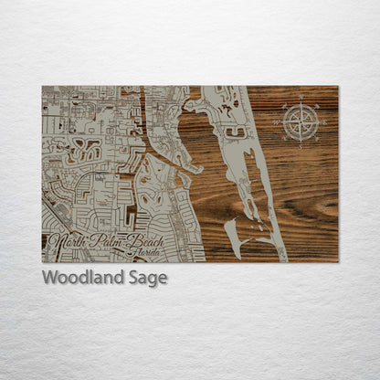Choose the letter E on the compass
(x=320, y=121)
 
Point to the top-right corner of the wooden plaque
(x=337, y=87)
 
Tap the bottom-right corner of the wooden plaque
(x=337, y=262)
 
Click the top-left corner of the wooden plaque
(x=42, y=87)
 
